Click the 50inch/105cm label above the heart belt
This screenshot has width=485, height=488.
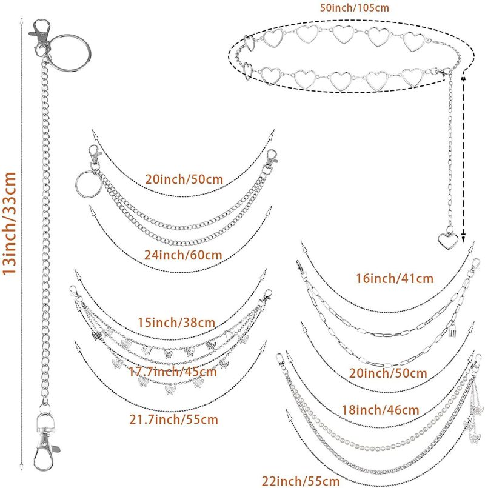(355, 7)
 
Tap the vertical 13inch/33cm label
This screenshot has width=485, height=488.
(9, 223)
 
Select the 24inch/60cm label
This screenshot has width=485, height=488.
(183, 255)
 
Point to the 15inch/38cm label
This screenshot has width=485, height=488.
(176, 322)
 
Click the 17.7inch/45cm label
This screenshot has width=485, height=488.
(173, 372)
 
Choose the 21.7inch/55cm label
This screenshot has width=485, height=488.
(174, 419)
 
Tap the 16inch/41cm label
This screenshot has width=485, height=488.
(395, 278)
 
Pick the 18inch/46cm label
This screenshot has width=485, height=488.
(380, 410)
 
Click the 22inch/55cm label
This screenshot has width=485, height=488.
(301, 481)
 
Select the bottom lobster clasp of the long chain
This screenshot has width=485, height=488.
(45, 444)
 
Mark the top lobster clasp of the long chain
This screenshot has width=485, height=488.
(41, 34)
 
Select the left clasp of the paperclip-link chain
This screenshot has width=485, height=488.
(301, 269)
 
